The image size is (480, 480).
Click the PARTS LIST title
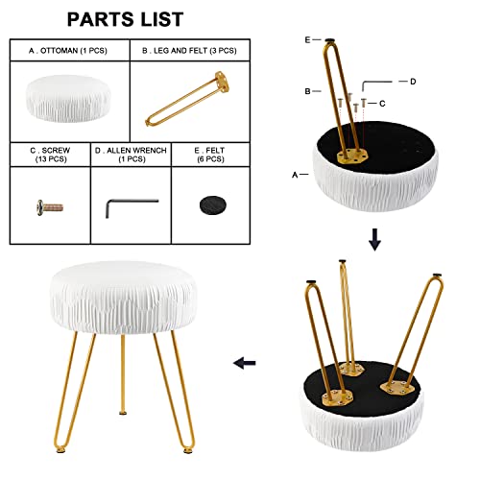(125, 19)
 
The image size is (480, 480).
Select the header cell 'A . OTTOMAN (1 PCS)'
(68, 51)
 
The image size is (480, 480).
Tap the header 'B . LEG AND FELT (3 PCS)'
(189, 51)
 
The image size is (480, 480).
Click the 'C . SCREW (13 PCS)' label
(50, 155)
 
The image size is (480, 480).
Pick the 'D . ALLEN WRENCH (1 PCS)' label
(131, 155)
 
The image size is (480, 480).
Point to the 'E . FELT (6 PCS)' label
(210, 155)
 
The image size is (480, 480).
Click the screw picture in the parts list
(50, 207)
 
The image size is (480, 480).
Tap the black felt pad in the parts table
(212, 205)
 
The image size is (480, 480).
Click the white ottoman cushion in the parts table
(68, 99)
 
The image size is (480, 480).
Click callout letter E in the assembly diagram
(307, 39)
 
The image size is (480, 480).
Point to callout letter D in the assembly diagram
(413, 82)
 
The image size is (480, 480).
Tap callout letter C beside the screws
(382, 104)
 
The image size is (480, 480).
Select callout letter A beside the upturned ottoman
(295, 175)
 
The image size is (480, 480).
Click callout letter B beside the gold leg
(307, 91)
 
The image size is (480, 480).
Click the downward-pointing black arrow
(374, 239)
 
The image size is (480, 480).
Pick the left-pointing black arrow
(245, 363)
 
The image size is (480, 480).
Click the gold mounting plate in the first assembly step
(352, 156)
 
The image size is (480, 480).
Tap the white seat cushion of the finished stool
(123, 298)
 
